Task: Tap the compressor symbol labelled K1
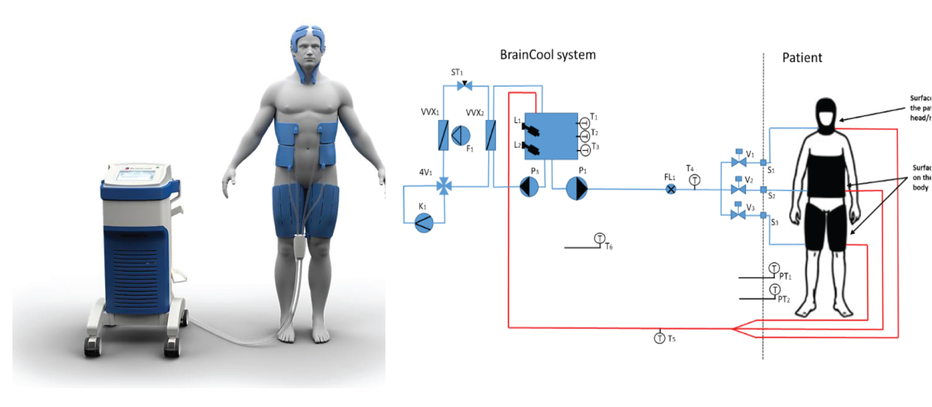tap(425, 222)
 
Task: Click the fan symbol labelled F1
tap(460, 134)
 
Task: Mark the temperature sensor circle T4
tap(695, 179)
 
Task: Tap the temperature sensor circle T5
tap(659, 338)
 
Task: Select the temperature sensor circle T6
tap(600, 238)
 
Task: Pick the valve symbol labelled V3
tap(739, 215)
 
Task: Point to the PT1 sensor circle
tap(774, 269)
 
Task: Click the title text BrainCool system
tap(547, 55)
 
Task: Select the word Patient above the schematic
tap(802, 58)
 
